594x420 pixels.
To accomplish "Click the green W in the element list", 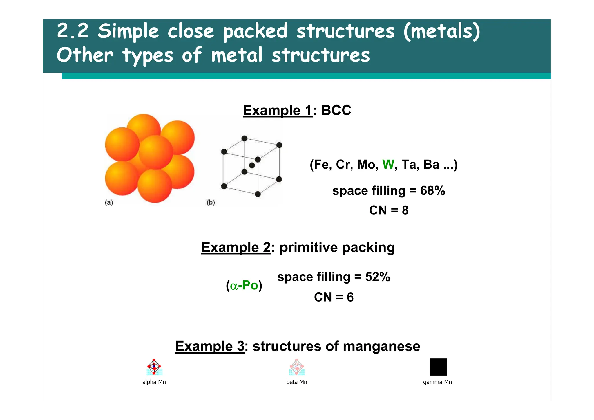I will coord(388,165).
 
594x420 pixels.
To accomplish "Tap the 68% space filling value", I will coord(432,191).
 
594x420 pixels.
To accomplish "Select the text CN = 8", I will coord(389,210).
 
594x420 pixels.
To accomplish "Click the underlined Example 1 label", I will coord(278,111).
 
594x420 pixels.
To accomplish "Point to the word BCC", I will coord(336,110).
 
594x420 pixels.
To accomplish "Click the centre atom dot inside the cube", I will coord(252,165).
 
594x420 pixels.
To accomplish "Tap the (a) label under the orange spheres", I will coord(109,202).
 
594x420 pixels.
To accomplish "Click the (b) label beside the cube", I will coord(211,202).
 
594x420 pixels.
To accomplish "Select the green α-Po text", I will coord(244,285).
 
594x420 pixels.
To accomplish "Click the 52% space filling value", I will coord(377,277).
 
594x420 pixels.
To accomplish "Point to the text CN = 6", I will coord(334,297).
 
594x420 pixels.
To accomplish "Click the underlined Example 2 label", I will coord(236,248).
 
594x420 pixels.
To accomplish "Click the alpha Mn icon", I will coord(154,367).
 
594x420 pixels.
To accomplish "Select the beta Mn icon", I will coord(297,367).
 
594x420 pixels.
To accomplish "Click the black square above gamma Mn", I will coord(438,367).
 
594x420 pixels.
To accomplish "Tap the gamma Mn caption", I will coord(437,382).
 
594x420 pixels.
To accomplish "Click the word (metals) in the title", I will coord(441,31).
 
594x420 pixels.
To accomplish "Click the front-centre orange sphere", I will coord(156,152).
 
